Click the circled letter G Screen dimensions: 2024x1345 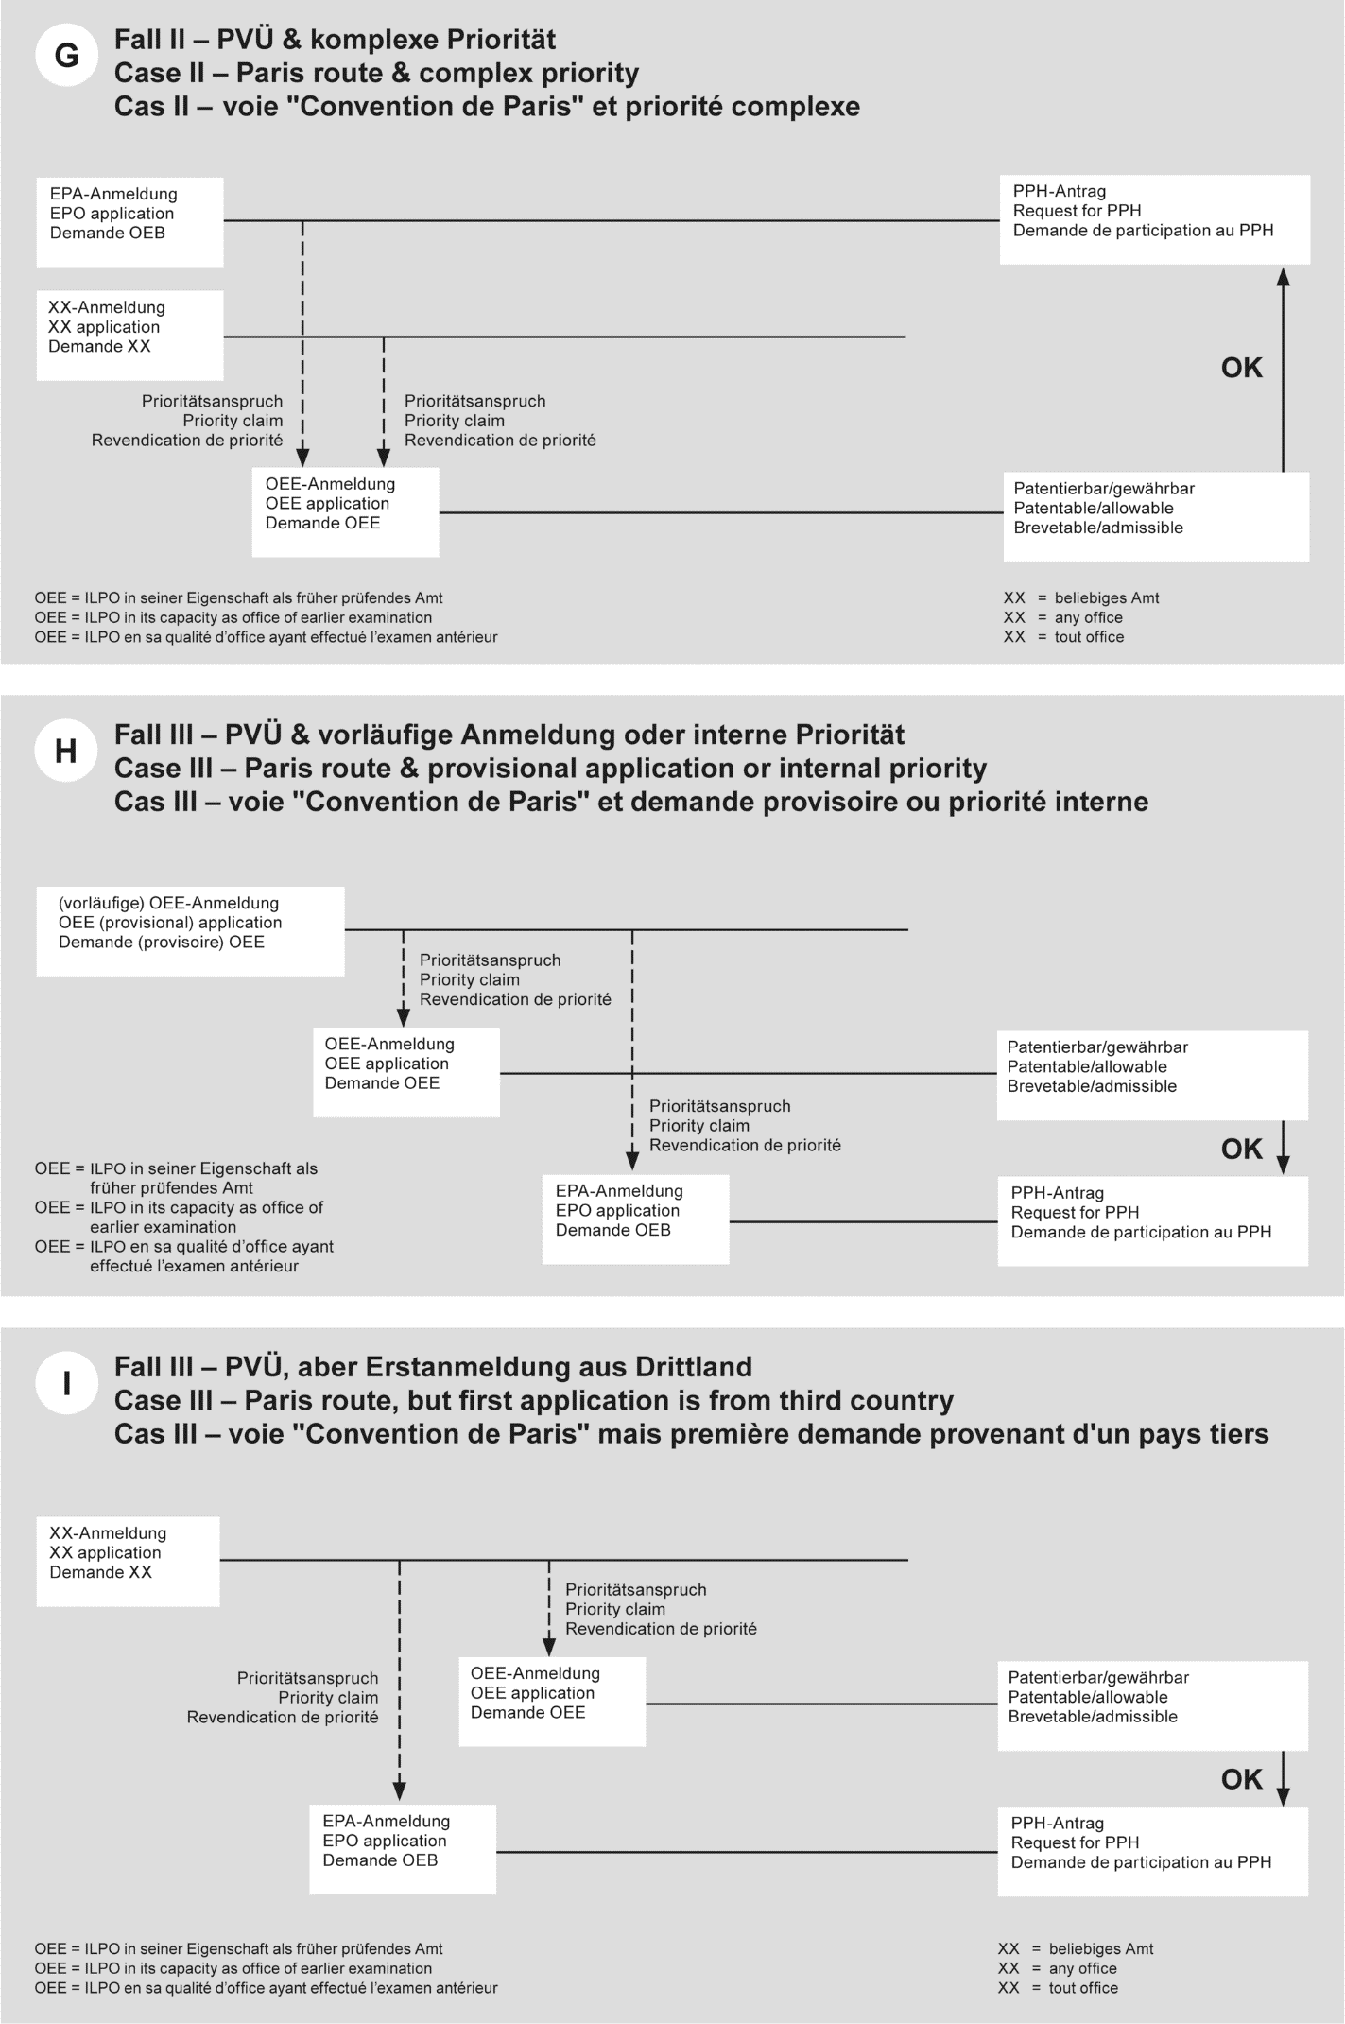coord(66,57)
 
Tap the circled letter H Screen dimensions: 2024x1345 coord(66,752)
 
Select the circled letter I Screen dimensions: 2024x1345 coord(66,1384)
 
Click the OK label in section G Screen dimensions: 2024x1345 coord(1241,368)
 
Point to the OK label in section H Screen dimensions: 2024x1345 coord(1241,1149)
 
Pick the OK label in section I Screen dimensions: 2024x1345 coord(1241,1779)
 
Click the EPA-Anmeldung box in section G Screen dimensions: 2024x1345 coord(130,222)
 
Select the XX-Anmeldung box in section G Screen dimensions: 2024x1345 coord(130,336)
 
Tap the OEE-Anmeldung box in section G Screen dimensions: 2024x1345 coord(345,512)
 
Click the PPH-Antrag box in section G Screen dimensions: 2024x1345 coord(1154,219)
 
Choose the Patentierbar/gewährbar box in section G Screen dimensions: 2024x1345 coord(1155,516)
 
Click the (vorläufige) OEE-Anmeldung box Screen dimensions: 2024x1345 coord(190,930)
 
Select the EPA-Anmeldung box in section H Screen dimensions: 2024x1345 coord(635,1219)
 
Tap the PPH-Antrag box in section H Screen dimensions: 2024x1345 coord(1152,1220)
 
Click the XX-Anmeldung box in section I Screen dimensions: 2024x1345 coord(129,1561)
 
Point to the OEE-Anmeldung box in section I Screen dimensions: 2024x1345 coord(552,1701)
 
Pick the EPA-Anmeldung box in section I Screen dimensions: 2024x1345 coord(403,1849)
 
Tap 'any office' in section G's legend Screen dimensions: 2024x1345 coord(1089,617)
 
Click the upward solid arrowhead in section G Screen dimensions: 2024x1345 coord(1283,276)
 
